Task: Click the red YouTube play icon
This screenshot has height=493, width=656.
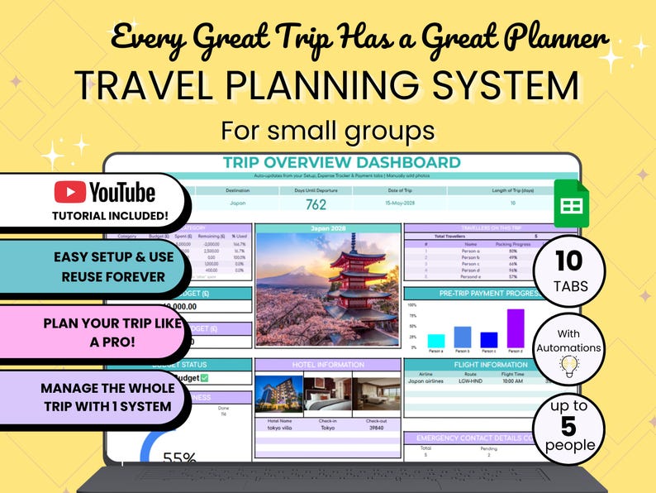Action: pyautogui.click(x=70, y=192)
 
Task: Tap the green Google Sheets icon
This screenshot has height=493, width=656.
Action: pyautogui.click(x=571, y=203)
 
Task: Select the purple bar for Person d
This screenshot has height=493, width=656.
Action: pyautogui.click(x=516, y=328)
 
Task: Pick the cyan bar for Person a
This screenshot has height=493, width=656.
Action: pyautogui.click(x=436, y=341)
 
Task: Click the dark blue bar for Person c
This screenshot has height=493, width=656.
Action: pyautogui.click(x=489, y=339)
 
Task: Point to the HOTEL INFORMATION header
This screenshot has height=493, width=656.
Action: pyautogui.click(x=328, y=364)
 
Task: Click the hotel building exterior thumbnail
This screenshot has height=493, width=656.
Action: pyautogui.click(x=278, y=391)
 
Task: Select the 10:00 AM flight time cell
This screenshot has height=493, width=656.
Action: pyautogui.click(x=513, y=381)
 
